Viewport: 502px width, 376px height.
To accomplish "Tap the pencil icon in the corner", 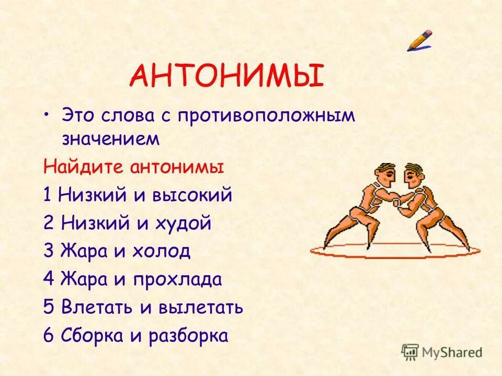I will point(420,40).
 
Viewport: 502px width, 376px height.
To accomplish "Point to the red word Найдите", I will point(81,168).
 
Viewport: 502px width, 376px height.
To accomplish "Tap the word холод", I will point(162,252).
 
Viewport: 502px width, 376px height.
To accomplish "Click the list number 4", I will point(49,279).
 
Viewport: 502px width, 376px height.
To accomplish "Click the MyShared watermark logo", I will point(442,352).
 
